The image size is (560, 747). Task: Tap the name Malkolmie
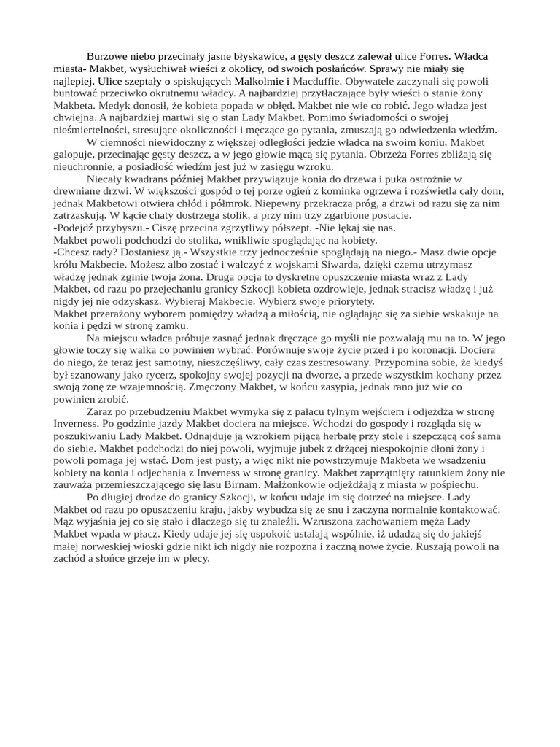pyautogui.click(x=260, y=81)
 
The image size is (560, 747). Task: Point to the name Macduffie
pyautogui.click(x=316, y=81)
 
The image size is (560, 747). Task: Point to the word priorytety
pyautogui.click(x=346, y=301)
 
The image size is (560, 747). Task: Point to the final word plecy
pyautogui.click(x=195, y=558)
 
